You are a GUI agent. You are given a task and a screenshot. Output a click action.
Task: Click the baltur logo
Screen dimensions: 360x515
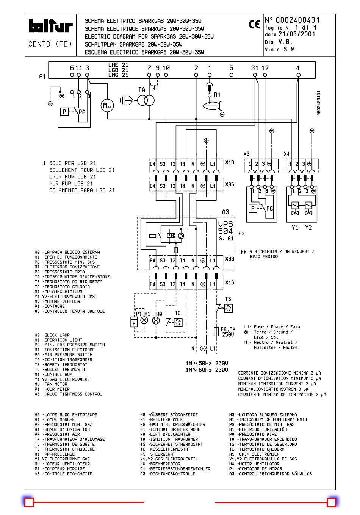(x=51, y=26)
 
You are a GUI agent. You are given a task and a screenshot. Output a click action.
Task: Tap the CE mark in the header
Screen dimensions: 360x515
(x=254, y=24)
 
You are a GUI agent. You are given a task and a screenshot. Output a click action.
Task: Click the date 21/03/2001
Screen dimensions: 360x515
(x=297, y=34)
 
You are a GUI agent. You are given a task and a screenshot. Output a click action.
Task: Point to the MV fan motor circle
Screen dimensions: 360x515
(x=107, y=106)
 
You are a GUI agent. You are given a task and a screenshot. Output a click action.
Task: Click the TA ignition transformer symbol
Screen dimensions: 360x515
(x=146, y=100)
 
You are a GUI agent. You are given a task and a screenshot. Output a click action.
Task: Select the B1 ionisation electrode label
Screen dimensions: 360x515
(x=217, y=95)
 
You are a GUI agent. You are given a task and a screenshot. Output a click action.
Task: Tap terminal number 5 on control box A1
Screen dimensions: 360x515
(x=231, y=68)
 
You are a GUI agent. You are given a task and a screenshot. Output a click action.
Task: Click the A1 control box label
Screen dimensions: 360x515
(x=42, y=76)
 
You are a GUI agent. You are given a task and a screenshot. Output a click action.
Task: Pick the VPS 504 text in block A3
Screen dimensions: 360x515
(x=225, y=227)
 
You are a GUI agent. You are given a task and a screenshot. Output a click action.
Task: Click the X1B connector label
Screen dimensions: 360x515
(x=230, y=162)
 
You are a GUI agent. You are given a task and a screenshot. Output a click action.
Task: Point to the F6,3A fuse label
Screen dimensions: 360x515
(x=228, y=329)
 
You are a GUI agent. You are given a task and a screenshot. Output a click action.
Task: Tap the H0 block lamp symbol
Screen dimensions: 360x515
(x=156, y=320)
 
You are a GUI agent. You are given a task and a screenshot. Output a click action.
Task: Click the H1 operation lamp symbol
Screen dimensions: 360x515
(x=144, y=320)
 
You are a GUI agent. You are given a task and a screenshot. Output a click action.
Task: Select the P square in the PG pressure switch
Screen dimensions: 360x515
(x=253, y=209)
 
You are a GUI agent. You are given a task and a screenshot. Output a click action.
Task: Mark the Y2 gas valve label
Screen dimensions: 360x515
(x=308, y=228)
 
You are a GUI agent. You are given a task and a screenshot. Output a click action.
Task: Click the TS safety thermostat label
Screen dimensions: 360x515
(x=228, y=299)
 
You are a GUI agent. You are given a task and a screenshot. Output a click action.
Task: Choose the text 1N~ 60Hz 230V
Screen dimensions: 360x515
(x=207, y=370)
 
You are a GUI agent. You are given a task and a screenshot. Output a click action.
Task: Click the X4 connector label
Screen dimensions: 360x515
(x=286, y=154)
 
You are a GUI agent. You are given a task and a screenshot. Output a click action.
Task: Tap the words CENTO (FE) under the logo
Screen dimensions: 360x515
(x=50, y=44)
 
